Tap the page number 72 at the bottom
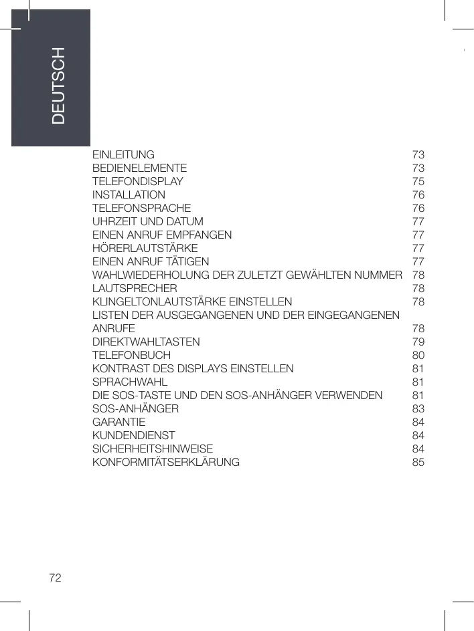tap(55, 577)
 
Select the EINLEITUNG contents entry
tap(123, 154)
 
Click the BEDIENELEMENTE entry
tap(139, 168)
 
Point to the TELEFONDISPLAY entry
tap(137, 181)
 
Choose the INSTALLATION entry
tap(129, 195)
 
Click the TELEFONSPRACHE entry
tap(141, 208)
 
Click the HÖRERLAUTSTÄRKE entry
tap(145, 248)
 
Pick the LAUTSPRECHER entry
tap(135, 288)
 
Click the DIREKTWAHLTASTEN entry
tap(145, 342)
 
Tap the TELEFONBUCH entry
tap(131, 355)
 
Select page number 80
tap(418, 355)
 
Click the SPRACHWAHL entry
tap(129, 382)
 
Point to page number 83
tap(418, 408)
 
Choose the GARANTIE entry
tap(118, 422)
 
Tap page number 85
tap(418, 462)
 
